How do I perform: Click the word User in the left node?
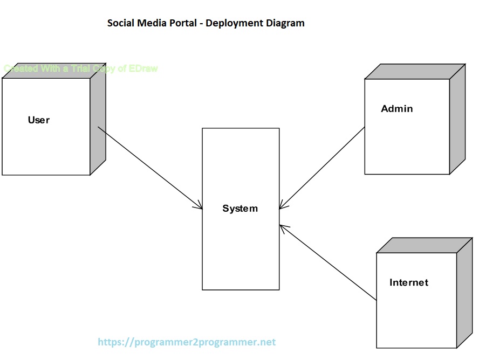[38, 120]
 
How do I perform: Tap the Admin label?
[396, 109]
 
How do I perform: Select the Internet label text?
[408, 282]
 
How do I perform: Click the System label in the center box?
[240, 209]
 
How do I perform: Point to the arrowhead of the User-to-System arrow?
[200, 207]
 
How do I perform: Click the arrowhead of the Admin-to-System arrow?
[282, 207]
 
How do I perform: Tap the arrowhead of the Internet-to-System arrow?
[282, 227]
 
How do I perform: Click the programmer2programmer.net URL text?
[187, 342]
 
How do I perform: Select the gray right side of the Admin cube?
[457, 119]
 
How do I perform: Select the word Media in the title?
[152, 23]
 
